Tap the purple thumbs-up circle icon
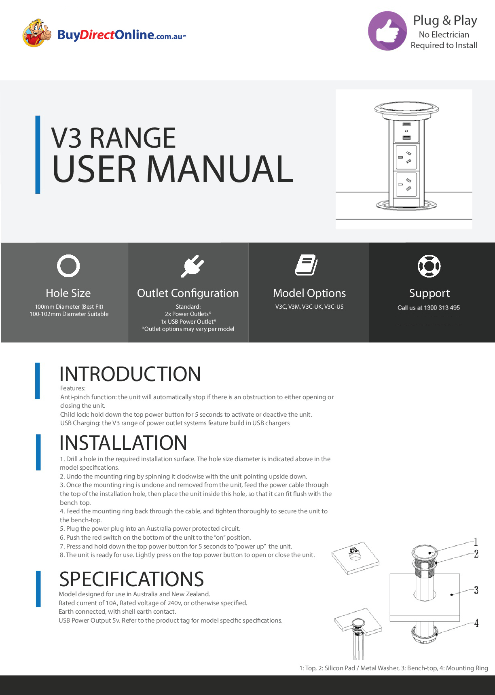pyautogui.click(x=387, y=31)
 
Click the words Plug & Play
pyautogui.click(x=445, y=20)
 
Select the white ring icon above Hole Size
pyautogui.click(x=68, y=266)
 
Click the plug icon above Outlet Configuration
pyautogui.click(x=192, y=266)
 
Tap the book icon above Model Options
pyautogui.click(x=306, y=265)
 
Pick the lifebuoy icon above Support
pyautogui.click(x=429, y=266)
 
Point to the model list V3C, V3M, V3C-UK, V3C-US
pyautogui.click(x=309, y=307)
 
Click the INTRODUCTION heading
pyautogui.click(x=130, y=374)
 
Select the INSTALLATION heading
pyautogui.click(x=123, y=443)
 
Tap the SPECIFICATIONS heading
pyautogui.click(x=131, y=579)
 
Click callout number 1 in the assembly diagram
pyautogui.click(x=476, y=542)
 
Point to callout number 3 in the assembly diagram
pyautogui.click(x=476, y=590)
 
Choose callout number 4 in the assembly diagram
pyautogui.click(x=476, y=623)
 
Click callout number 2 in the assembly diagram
pyautogui.click(x=476, y=554)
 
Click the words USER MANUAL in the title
pyautogui.click(x=173, y=169)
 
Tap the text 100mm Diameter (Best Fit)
pyautogui.click(x=69, y=307)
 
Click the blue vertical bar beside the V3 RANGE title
pyautogui.click(x=38, y=155)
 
